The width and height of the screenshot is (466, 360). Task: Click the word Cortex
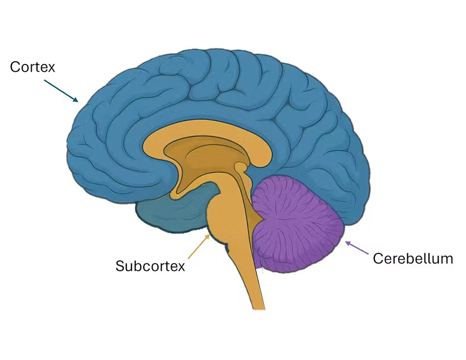tap(33, 68)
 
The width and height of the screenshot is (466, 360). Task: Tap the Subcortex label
tap(150, 266)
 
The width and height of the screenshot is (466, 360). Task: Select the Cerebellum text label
tap(413, 259)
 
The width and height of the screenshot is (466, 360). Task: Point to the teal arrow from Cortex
tap(61, 90)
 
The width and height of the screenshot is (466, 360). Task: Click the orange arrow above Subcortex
tap(199, 247)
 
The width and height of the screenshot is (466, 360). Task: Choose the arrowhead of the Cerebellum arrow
tap(346, 242)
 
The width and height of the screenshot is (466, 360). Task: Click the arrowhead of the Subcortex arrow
tap(209, 236)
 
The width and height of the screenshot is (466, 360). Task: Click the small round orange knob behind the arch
tap(241, 168)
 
